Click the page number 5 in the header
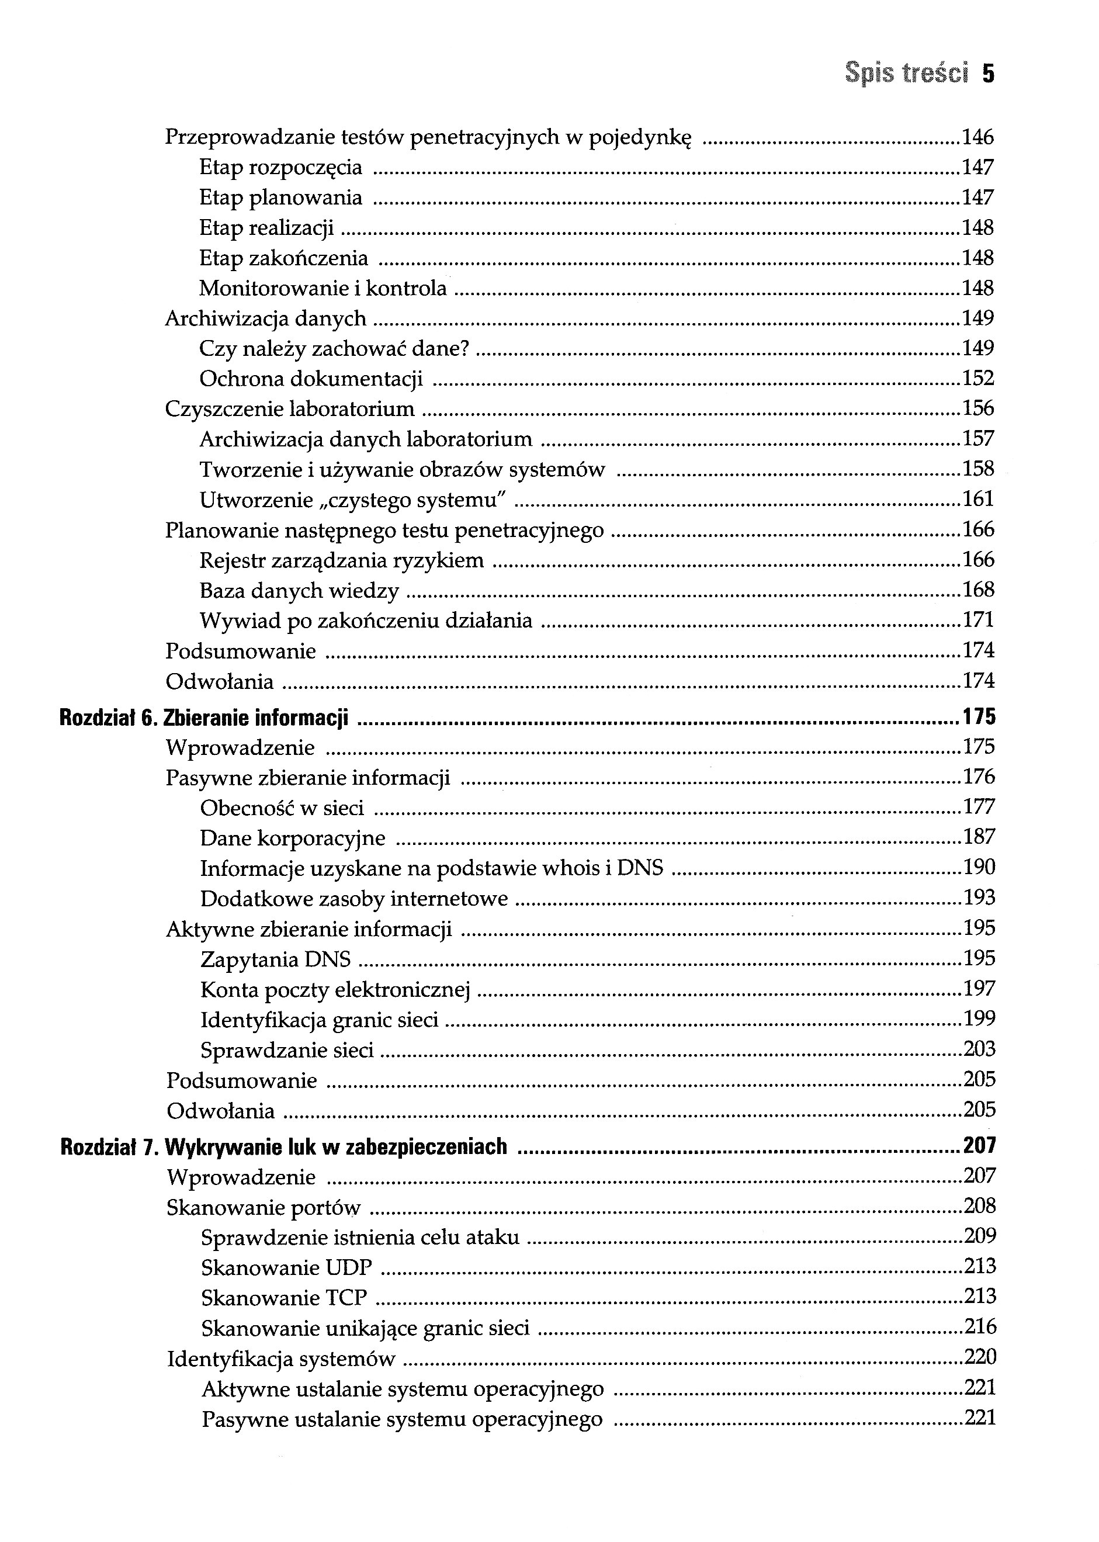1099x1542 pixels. [988, 72]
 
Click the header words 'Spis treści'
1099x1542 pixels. [907, 72]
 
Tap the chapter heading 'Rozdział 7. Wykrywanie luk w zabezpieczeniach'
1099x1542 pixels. [283, 1147]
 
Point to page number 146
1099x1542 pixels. [978, 137]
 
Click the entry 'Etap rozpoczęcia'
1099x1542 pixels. [281, 167]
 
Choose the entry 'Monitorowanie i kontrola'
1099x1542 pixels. [323, 288]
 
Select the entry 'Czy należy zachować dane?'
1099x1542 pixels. [334, 348]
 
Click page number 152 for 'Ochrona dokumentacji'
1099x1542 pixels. [978, 378]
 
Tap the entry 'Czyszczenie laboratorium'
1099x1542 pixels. [290, 408]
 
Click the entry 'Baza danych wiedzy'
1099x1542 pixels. [299, 591]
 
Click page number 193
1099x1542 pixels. [979, 898]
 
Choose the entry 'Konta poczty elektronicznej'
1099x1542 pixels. [335, 990]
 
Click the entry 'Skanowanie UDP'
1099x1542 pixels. [286, 1267]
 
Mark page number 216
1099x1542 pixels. [980, 1326]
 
